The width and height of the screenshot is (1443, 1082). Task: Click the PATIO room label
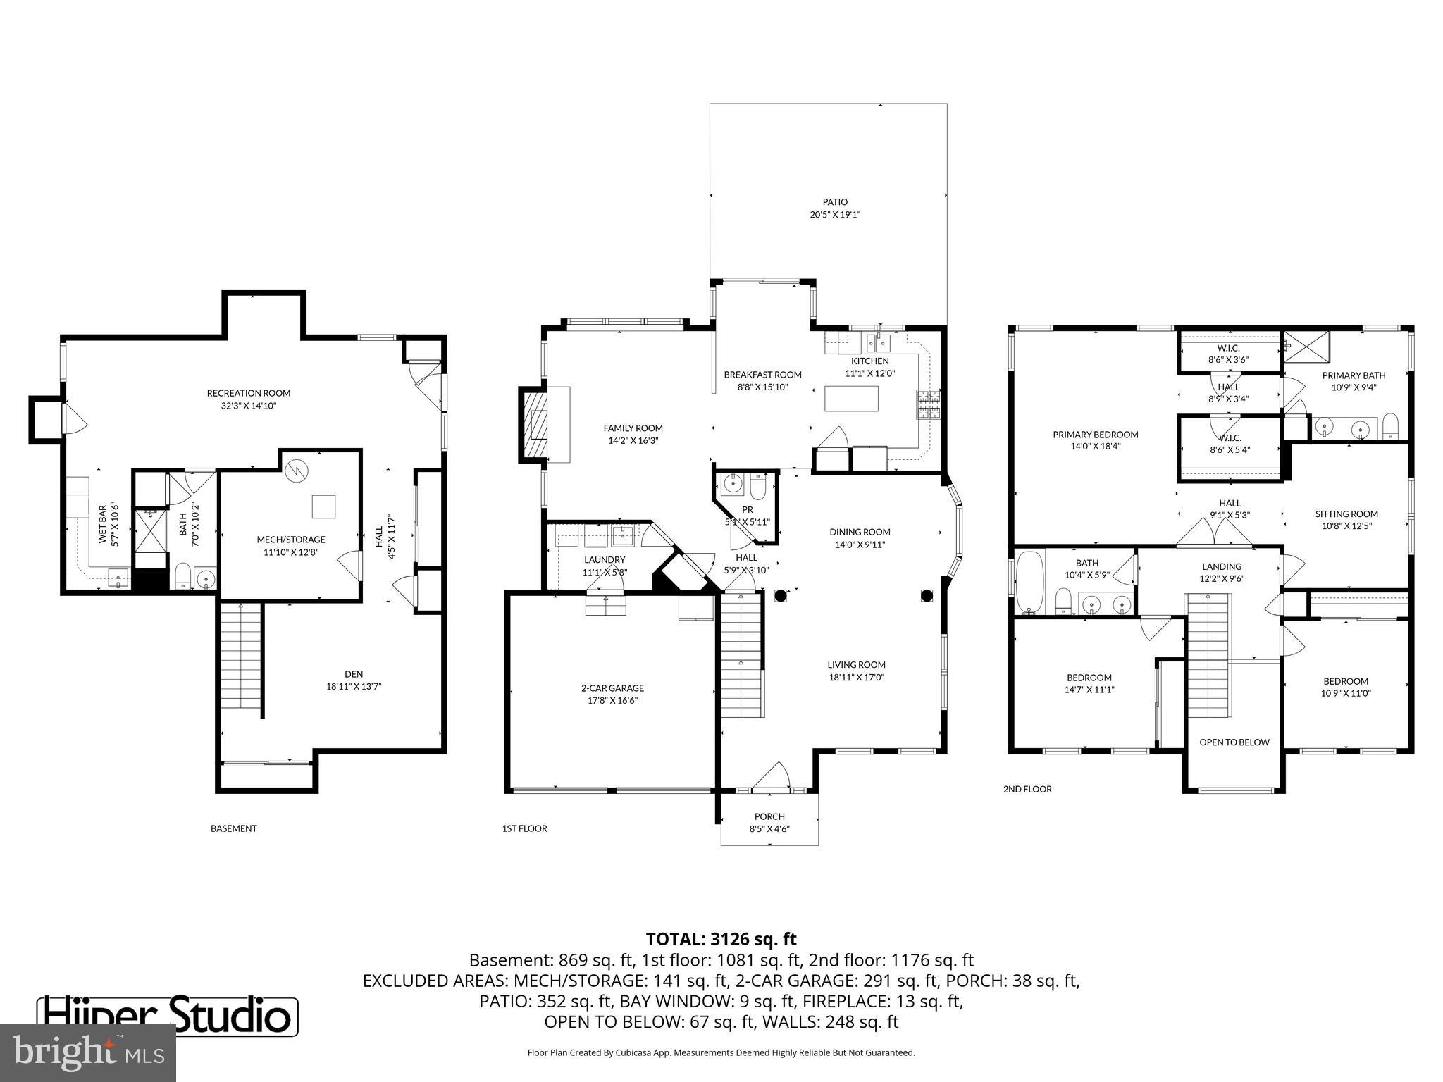point(835,202)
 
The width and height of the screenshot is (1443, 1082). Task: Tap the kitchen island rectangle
point(852,399)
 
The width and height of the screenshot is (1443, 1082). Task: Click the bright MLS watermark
point(88,1053)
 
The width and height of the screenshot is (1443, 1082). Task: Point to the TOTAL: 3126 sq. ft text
point(721,939)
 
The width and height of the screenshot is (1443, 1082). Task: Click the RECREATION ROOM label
point(248,393)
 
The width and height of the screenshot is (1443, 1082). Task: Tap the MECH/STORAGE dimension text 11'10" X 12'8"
point(291,552)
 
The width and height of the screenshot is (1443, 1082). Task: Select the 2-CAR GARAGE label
point(612,688)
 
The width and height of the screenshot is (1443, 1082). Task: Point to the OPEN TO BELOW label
point(1234,742)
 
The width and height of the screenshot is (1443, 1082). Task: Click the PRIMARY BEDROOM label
point(1095,435)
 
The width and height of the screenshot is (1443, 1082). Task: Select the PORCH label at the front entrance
point(769,816)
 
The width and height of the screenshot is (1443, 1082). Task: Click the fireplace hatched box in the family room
point(534,424)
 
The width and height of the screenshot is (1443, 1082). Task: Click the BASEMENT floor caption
point(233,828)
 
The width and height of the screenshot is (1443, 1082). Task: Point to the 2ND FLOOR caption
point(1027,789)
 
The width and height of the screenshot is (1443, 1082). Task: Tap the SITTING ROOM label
point(1346,514)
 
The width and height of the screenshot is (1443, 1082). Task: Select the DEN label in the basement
point(354,674)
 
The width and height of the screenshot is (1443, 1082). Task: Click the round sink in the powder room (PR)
point(732,484)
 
